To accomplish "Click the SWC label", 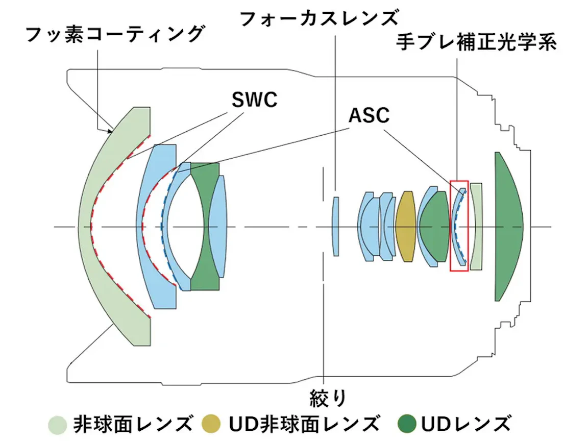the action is (254, 100).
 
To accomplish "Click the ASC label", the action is (369, 115).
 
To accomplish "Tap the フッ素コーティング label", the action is (115, 35).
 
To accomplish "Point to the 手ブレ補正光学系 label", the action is (476, 42).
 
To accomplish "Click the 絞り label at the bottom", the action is (328, 398).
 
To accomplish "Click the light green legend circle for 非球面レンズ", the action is (58, 425).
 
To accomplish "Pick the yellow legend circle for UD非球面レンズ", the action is (211, 424).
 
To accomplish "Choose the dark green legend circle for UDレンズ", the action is (407, 424).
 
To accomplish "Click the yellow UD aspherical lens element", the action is (406, 227).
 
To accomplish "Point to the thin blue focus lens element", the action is (336, 227).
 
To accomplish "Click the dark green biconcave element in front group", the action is (205, 227).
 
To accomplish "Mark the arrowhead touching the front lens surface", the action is (110, 131).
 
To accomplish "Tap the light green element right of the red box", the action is (476, 227).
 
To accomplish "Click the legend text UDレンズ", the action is (466, 424).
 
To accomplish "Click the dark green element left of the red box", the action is (434, 227).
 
